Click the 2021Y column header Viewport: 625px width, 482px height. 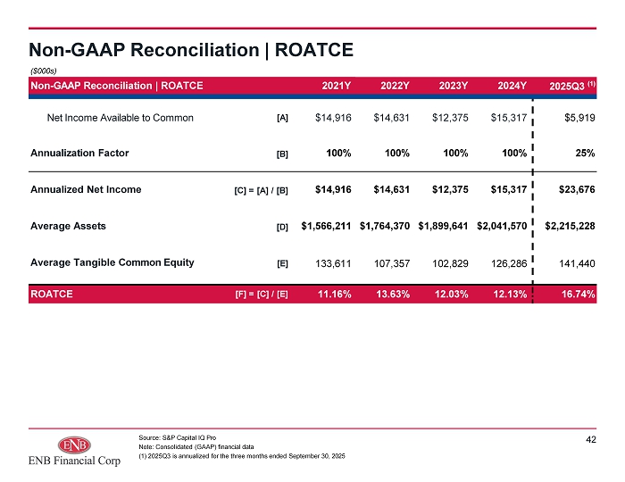pyautogui.click(x=336, y=86)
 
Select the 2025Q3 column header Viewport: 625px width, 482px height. pyautogui.click(x=572, y=86)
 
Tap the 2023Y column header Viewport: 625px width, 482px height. pyautogui.click(x=454, y=86)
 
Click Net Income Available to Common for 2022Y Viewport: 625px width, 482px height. pyautogui.click(x=391, y=118)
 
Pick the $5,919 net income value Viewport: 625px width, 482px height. pyautogui.click(x=579, y=118)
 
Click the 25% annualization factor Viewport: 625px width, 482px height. pyautogui.click(x=585, y=154)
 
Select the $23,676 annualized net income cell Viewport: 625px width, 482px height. pyautogui.click(x=577, y=189)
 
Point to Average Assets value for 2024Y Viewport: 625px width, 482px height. pyautogui.click(x=502, y=226)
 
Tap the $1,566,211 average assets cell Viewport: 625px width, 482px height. pyautogui.click(x=326, y=226)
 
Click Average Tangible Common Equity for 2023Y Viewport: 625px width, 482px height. pyautogui.click(x=450, y=263)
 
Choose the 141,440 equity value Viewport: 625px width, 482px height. pyautogui.click(x=577, y=263)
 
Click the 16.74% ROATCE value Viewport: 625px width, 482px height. pyautogui.click(x=578, y=295)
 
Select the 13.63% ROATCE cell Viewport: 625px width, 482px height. pyautogui.click(x=393, y=295)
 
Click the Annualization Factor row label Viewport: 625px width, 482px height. pyautogui.click(x=79, y=153)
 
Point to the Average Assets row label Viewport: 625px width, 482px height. pyautogui.click(x=68, y=226)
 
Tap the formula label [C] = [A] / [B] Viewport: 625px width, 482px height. pyautogui.click(x=261, y=190)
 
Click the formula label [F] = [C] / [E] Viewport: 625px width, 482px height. pyautogui.click(x=262, y=295)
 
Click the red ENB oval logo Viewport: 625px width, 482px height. pyautogui.click(x=74, y=445)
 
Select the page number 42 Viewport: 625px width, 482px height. pyautogui.click(x=591, y=439)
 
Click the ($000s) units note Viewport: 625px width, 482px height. pyautogui.click(x=44, y=71)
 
